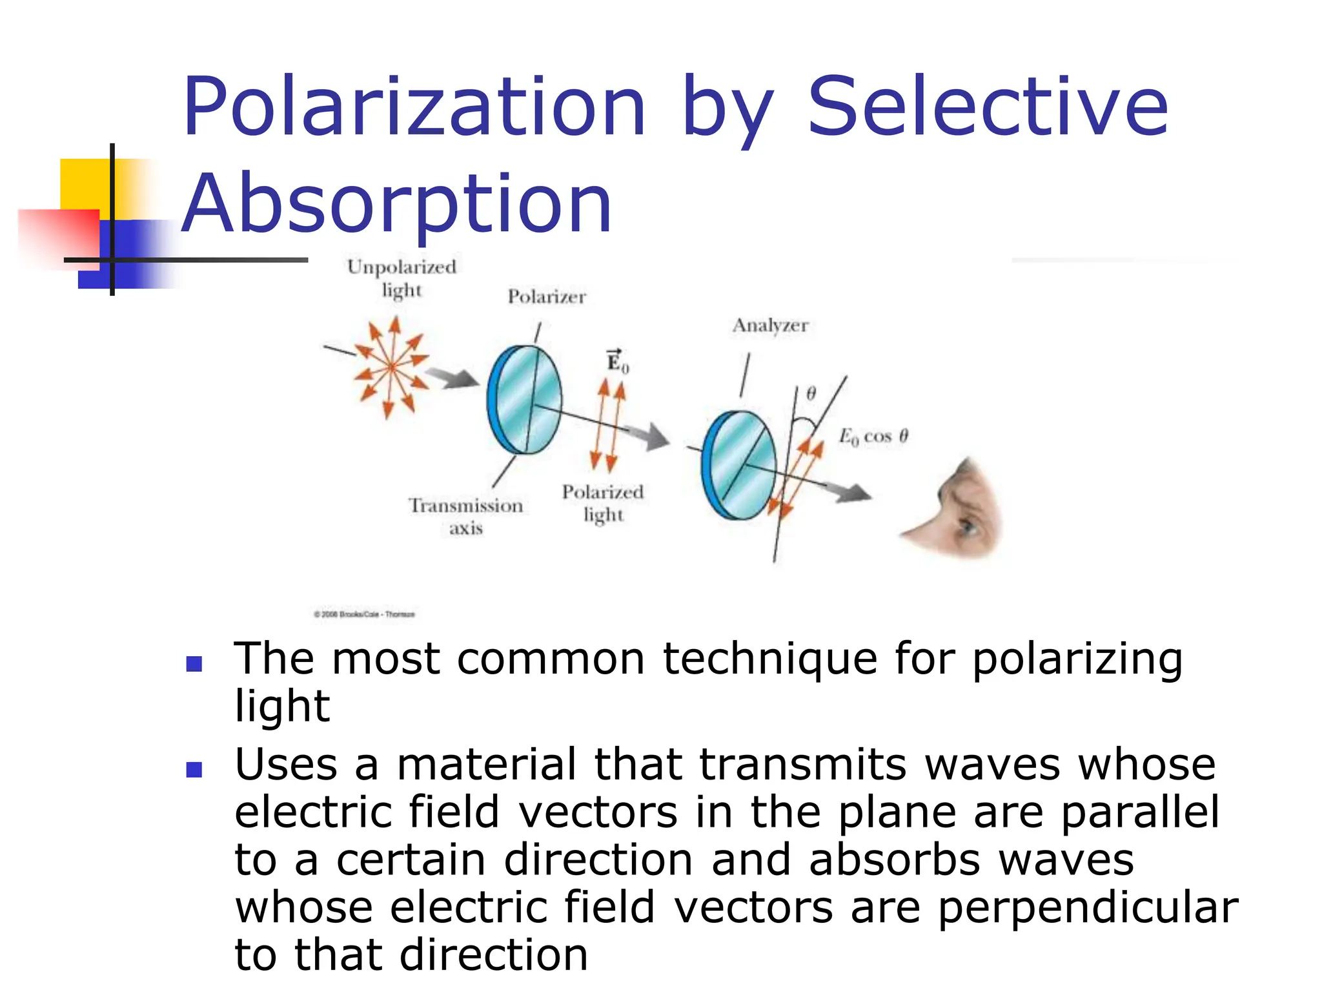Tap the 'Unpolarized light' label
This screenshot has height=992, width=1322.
coord(402,278)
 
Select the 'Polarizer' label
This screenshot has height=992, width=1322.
coord(546,297)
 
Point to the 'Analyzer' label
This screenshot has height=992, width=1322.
coord(770,325)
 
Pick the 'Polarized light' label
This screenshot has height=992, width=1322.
coord(603,503)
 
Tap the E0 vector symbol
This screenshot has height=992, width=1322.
coord(616,362)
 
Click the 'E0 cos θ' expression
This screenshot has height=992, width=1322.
coord(873,437)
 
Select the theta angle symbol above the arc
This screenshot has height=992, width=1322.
coord(811,393)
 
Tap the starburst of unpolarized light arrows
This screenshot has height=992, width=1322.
coord(391,367)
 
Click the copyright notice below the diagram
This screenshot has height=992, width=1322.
coord(365,614)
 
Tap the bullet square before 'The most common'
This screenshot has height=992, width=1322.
coord(194,663)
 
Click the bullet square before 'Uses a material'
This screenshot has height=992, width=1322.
coord(194,769)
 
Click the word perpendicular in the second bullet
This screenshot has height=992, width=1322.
coord(1088,907)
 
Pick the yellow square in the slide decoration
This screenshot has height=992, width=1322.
coord(84,184)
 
